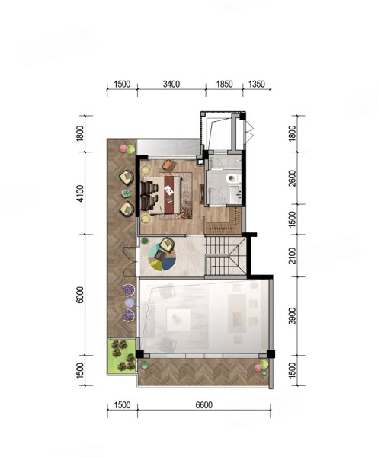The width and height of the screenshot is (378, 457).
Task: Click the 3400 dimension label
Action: coord(171,85)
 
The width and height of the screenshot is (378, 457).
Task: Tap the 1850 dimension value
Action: coord(224,85)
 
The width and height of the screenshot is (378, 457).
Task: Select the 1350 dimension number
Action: coord(257,85)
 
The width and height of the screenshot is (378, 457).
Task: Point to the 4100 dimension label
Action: coord(80,193)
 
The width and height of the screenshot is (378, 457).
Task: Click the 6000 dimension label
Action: coord(80,295)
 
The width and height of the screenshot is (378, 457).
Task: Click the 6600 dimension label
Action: coord(204,405)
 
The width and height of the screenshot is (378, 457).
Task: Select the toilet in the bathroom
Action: coord(232,177)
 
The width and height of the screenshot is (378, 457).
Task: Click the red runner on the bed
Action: coord(171,193)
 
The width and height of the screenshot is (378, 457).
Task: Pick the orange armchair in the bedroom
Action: coord(168,166)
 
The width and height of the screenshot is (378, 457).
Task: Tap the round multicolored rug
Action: coord(162,255)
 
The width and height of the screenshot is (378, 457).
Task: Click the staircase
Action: coord(226,256)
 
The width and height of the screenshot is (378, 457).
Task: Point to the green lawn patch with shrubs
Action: coord(122,355)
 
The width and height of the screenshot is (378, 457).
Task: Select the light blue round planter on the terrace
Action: coord(130,303)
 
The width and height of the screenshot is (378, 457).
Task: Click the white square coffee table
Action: coord(178,320)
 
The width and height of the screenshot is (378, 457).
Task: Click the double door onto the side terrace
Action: coord(130,261)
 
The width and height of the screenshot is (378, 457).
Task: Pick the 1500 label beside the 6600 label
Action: coord(122,405)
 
